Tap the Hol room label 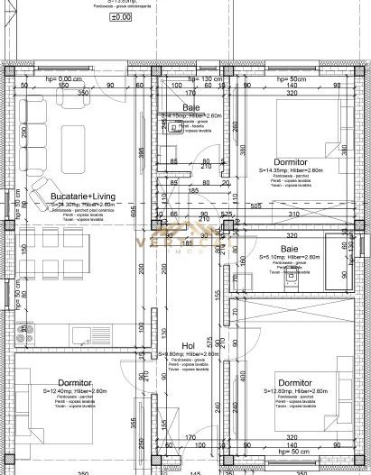coord(189,344)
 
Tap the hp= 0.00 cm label coord(38,78)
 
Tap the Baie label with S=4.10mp coord(191,107)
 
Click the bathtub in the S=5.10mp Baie coord(341,255)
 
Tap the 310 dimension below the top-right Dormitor coord(293,214)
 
